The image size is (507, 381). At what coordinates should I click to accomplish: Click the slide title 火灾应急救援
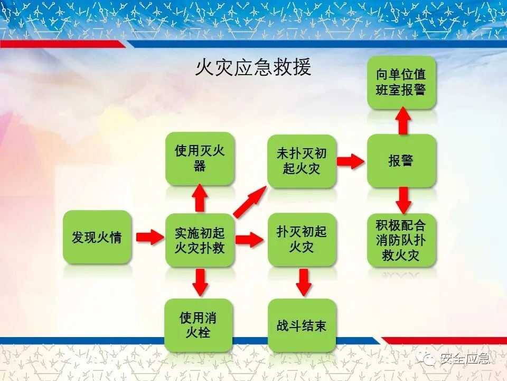253,68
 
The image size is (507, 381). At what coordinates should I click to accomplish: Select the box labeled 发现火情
97,237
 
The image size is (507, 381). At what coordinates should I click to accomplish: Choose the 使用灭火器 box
200,158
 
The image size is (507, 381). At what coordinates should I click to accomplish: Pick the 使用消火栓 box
198,325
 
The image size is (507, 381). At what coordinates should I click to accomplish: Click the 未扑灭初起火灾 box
302,161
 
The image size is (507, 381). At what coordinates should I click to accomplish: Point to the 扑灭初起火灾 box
302,239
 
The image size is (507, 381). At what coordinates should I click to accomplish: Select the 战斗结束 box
302,325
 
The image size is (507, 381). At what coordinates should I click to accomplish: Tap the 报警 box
401,161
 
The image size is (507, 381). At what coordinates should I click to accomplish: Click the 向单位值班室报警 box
401,82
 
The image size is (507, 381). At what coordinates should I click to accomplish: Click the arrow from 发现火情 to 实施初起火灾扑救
149,237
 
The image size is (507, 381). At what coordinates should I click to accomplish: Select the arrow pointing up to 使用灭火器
200,198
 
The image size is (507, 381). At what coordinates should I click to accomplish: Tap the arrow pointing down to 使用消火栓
200,282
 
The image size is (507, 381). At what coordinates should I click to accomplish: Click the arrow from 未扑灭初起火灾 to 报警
351,161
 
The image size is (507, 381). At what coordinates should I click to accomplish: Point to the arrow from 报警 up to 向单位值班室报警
403,121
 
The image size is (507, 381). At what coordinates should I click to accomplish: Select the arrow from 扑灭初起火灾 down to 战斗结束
303,282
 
